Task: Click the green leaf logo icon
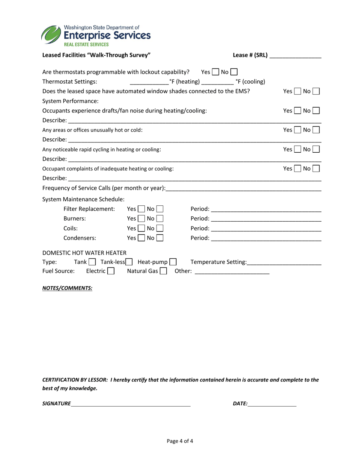click(x=51, y=35)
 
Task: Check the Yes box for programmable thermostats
click(x=215, y=72)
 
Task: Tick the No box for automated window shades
click(x=316, y=91)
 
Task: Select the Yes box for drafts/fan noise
click(x=297, y=111)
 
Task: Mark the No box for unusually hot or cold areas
click(x=316, y=130)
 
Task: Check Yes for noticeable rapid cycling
click(x=297, y=150)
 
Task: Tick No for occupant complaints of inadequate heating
click(x=316, y=169)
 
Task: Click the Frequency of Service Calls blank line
click(x=243, y=188)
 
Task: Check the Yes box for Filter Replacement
click(x=141, y=209)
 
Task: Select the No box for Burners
click(x=160, y=219)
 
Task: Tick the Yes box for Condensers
click(x=141, y=238)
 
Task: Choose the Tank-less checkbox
click(x=129, y=262)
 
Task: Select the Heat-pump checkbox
click(x=173, y=262)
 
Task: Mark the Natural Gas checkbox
click(x=163, y=271)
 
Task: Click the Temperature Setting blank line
click(x=284, y=262)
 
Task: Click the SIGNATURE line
click(x=131, y=404)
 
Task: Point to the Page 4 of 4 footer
click(x=180, y=441)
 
